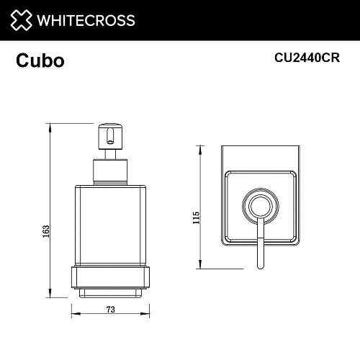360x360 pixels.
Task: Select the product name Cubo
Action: coord(40,61)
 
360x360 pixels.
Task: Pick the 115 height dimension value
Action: coord(196,218)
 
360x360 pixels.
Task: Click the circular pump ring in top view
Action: coord(261,207)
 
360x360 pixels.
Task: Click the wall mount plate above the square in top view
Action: coord(261,158)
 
